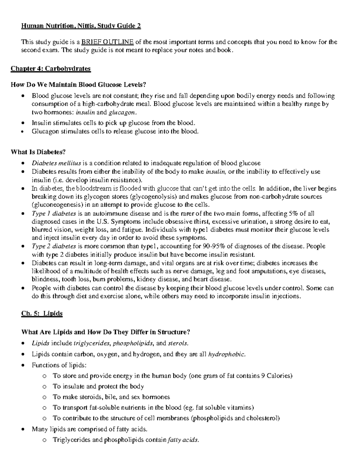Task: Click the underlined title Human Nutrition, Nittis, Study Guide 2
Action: (x=81, y=26)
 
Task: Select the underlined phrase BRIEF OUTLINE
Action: (x=108, y=42)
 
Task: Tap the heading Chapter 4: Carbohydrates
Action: (x=51, y=69)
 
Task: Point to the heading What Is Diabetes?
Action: (x=38, y=152)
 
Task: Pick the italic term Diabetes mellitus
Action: (x=56, y=163)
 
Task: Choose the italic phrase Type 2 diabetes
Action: (x=54, y=246)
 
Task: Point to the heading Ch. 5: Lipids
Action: (x=42, y=314)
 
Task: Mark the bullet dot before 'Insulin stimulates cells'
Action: (x=23, y=123)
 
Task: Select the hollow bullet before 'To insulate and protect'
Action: (x=45, y=387)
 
